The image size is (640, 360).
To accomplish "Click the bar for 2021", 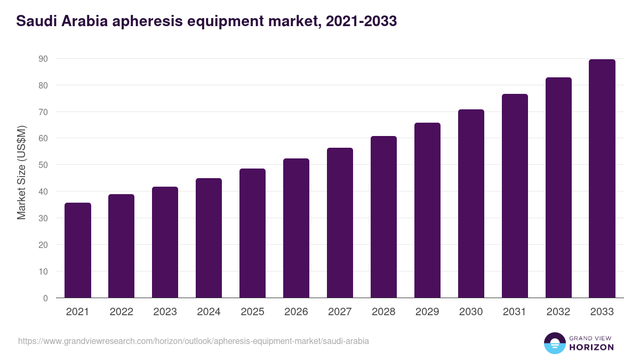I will pyautogui.click(x=78, y=250).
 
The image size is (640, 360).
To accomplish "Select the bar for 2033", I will pyautogui.click(x=602, y=179).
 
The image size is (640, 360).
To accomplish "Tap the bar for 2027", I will pyautogui.click(x=340, y=223).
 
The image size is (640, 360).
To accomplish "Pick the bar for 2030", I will pyautogui.click(x=471, y=204).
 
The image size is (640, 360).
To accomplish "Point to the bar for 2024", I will pyautogui.click(x=209, y=238).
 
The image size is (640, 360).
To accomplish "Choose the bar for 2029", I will pyautogui.click(x=427, y=210).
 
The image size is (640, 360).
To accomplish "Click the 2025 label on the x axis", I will pyautogui.click(x=252, y=312).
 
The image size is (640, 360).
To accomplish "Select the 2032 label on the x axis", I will pyautogui.click(x=558, y=312).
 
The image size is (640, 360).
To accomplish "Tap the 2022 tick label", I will pyautogui.click(x=121, y=312).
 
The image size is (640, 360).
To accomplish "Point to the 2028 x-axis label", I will pyautogui.click(x=383, y=312).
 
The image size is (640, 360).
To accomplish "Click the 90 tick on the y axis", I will pyautogui.click(x=43, y=59).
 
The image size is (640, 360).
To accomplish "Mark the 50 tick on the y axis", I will pyautogui.click(x=43, y=165).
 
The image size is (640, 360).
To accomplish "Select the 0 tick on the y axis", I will pyautogui.click(x=45, y=298).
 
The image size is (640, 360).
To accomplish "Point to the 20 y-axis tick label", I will pyautogui.click(x=43, y=245).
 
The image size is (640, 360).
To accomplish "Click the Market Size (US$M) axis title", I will pyautogui.click(x=21, y=173).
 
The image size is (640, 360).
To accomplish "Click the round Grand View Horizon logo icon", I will pyautogui.click(x=555, y=343).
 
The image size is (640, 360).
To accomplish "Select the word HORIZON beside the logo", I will pyautogui.click(x=591, y=347).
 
